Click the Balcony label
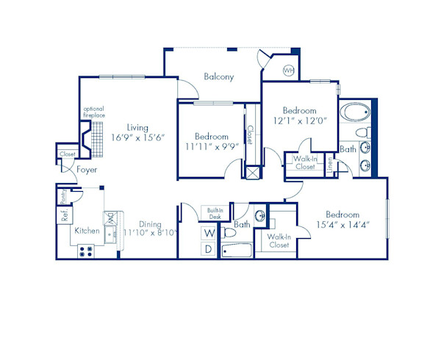[x=218, y=76]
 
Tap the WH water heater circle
[x=289, y=70]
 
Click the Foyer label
[x=87, y=170]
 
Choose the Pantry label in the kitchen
[x=64, y=196]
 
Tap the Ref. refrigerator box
[x=65, y=216]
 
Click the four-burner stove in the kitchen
[x=85, y=250]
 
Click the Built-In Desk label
[x=215, y=214]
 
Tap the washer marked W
[x=209, y=233]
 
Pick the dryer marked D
[x=209, y=249]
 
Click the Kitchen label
[x=87, y=231]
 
